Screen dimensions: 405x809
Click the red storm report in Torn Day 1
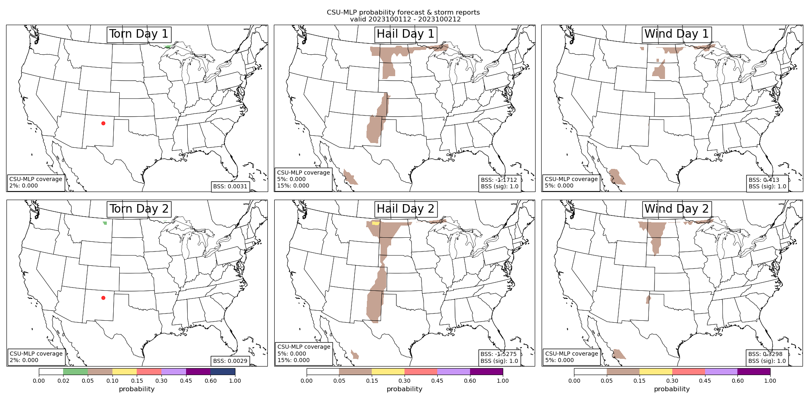[103, 123]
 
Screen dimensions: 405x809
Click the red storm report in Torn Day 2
[103, 298]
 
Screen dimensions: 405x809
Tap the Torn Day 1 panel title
[139, 34]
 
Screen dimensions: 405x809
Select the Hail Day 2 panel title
[405, 209]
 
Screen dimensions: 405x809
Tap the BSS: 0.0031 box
[231, 186]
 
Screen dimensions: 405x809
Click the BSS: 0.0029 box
[230, 360]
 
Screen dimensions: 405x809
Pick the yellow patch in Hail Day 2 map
[376, 223]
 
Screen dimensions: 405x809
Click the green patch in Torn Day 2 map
[105, 223]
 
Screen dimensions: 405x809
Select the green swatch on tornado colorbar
[75, 371]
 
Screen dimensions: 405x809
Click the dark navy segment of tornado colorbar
[222, 371]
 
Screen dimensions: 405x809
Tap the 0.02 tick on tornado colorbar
[63, 381]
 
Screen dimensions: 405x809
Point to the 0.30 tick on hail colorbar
[404, 381]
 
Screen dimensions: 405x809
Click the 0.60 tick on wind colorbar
[737, 381]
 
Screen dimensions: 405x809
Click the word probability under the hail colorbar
[404, 389]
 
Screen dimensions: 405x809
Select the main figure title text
[403, 16]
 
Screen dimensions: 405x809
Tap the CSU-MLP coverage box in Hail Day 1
[303, 179]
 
